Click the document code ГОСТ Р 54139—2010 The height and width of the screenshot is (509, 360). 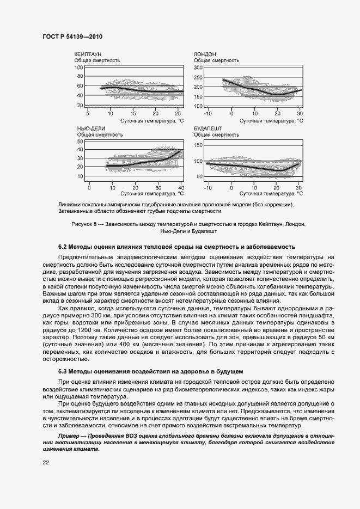coord(72,36)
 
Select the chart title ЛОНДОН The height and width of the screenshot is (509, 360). coord(205,54)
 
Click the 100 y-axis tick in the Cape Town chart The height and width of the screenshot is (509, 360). coord(78,68)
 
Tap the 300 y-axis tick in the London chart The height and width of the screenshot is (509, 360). coord(198,68)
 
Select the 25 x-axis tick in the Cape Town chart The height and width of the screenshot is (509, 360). coord(179,113)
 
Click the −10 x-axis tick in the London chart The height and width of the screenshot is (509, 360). coord(208,113)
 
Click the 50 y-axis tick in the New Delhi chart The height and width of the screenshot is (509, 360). coord(80,142)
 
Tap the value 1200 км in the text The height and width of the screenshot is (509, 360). coord(125,330)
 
